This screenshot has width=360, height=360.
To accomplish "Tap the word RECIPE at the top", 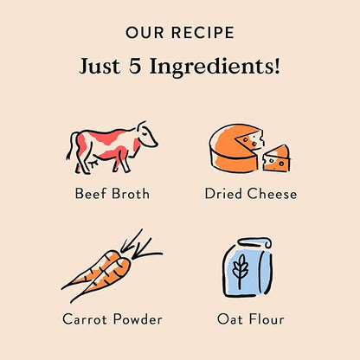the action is [202, 32].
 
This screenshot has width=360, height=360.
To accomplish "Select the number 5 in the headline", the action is [135, 66].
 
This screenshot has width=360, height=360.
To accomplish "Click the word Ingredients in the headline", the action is [215, 67].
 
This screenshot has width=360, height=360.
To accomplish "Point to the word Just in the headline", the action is [100, 67].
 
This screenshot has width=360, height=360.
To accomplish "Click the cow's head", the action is [147, 134].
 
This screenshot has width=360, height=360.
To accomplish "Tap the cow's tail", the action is [70, 146].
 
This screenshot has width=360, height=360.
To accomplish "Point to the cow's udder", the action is [93, 163].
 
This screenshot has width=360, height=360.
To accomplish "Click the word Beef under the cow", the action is [91, 193].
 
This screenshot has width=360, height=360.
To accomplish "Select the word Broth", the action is [131, 193].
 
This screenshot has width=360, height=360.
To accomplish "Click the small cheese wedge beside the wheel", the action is [277, 158].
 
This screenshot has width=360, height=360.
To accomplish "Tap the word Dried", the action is [223, 193].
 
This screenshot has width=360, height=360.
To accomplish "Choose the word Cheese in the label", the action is [272, 193].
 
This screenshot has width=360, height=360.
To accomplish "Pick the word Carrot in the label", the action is [86, 319].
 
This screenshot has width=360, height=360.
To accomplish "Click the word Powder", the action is [138, 319].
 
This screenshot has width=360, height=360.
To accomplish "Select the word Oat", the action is [230, 319].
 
